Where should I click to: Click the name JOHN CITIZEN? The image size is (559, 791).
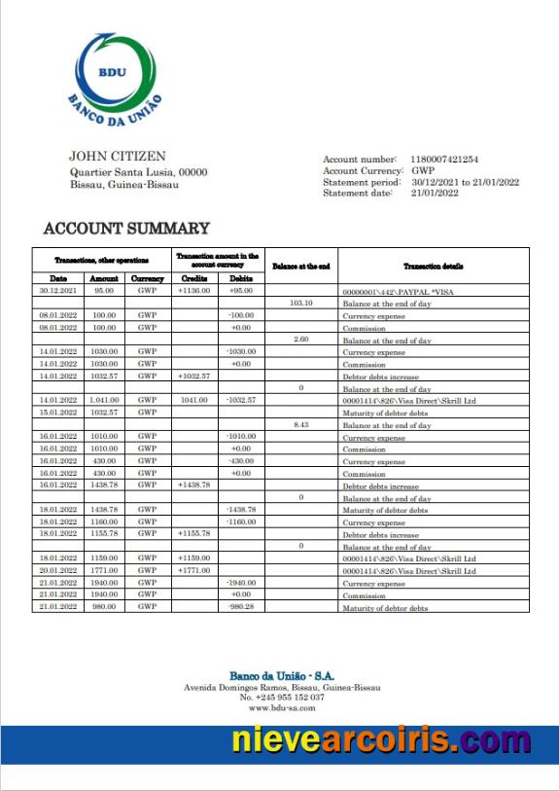(117, 156)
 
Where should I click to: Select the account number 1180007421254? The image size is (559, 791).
(444, 159)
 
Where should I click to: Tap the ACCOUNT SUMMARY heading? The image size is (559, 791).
(126, 229)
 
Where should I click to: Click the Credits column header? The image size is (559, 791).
(194, 278)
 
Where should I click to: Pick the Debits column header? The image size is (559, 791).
(240, 278)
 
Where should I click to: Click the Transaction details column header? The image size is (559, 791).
(434, 266)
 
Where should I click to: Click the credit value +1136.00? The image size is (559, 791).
(194, 290)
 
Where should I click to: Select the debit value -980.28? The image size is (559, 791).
(240, 607)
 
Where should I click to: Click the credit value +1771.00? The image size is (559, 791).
(194, 571)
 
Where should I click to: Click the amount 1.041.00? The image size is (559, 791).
(103, 400)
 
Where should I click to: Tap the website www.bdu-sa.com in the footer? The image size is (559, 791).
(282, 708)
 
